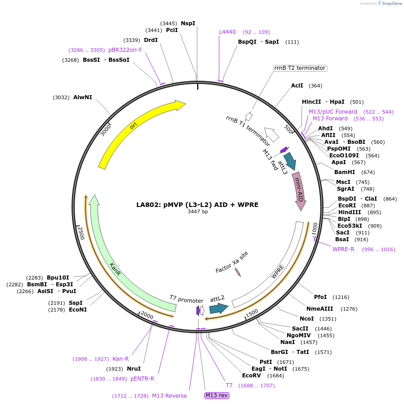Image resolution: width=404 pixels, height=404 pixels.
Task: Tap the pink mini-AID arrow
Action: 299,189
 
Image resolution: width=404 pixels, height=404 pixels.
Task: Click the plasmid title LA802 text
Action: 198,204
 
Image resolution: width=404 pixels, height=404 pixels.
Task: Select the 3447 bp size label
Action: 198,211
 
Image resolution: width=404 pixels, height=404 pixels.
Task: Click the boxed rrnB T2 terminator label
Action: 300,68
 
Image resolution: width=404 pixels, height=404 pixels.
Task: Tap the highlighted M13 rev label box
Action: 216,395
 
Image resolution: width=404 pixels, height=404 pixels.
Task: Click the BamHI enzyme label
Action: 345,172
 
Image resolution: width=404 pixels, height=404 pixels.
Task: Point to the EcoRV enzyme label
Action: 251,376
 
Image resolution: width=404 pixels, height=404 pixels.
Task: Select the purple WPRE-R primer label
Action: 343,249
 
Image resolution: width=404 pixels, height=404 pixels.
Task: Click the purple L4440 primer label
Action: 227,32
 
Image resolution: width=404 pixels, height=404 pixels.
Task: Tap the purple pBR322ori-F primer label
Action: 125,50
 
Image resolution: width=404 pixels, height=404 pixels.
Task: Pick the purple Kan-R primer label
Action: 121,359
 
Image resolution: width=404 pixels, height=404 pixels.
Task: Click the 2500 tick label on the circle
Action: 81,233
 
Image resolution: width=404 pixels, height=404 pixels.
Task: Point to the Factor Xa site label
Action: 232,262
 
